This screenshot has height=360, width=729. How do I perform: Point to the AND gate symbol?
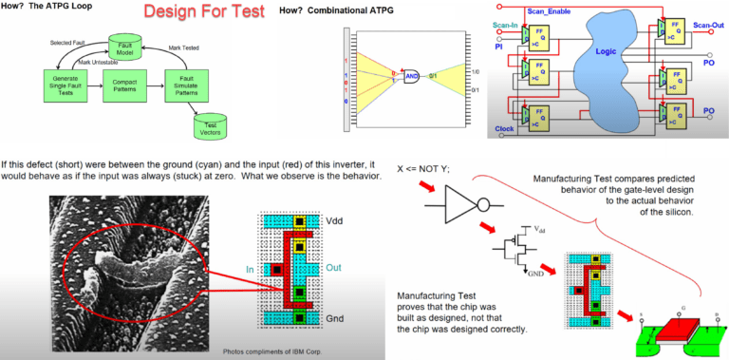tap(412, 75)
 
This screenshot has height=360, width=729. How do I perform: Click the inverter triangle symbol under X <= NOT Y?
tap(465, 205)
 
